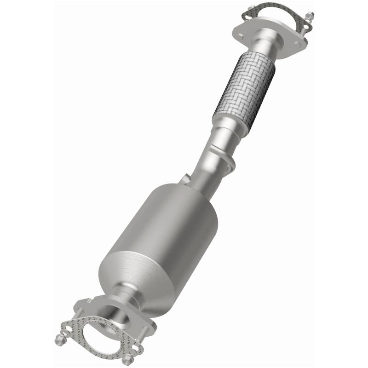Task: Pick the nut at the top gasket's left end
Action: [x=251, y=8]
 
